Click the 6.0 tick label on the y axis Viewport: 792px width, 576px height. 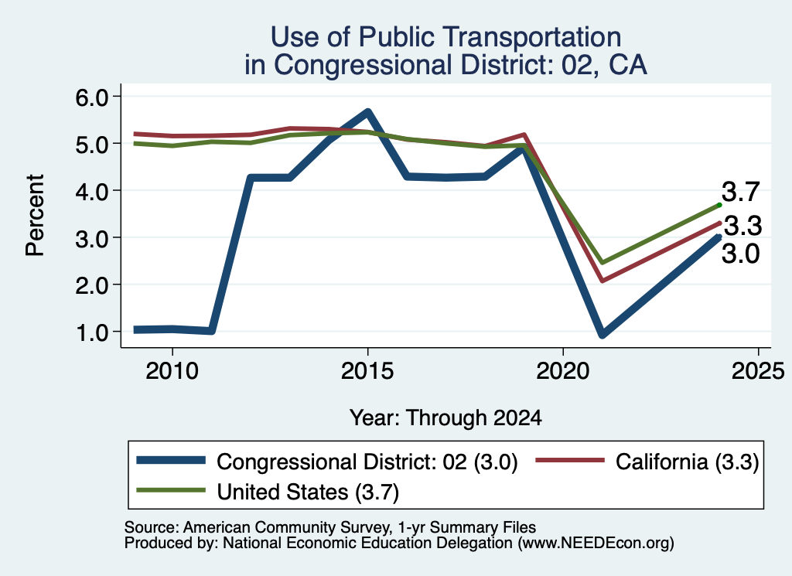(x=92, y=97)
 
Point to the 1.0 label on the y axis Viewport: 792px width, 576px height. (x=92, y=332)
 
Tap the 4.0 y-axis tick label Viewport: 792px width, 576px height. (x=92, y=191)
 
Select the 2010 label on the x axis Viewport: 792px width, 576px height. (x=172, y=372)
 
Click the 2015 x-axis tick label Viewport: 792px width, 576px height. (x=367, y=372)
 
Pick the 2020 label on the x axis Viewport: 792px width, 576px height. (x=563, y=372)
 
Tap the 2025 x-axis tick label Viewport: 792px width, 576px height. (x=758, y=372)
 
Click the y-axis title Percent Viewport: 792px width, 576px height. (x=35, y=215)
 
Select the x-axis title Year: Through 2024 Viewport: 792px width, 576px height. (x=445, y=418)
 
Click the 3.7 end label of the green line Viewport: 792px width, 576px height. (x=740, y=192)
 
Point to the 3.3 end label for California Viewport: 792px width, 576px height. (x=742, y=226)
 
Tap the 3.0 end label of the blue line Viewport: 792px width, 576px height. (x=740, y=254)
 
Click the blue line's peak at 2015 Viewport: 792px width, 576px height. (x=367, y=111)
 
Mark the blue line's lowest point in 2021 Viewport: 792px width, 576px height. (x=602, y=334)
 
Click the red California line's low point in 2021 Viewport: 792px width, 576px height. (x=602, y=281)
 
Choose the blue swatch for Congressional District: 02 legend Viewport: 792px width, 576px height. (x=171, y=460)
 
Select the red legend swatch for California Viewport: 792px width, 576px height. (x=570, y=460)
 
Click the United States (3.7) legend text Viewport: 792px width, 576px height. (x=308, y=492)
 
